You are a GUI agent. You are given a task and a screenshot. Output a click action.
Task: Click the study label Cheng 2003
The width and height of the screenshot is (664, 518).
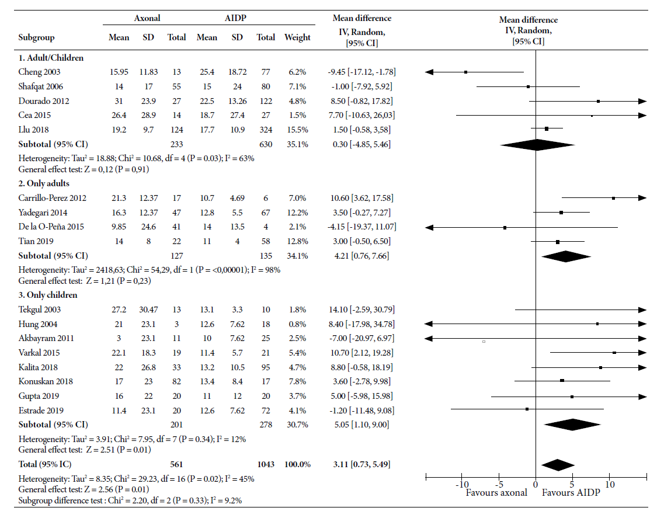(x=39, y=72)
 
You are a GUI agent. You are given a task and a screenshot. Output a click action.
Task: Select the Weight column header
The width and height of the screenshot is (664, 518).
(x=297, y=37)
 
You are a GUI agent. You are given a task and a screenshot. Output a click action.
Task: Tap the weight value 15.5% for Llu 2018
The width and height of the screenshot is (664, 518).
(x=297, y=130)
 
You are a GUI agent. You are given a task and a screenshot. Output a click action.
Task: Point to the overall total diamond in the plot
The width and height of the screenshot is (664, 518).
(x=558, y=465)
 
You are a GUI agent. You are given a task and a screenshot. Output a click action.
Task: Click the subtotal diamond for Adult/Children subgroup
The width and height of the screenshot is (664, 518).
(x=537, y=145)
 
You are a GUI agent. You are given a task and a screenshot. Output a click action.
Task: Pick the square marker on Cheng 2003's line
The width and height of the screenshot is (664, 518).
(x=465, y=72)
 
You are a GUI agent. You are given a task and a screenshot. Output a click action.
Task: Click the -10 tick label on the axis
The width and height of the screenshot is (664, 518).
(x=462, y=485)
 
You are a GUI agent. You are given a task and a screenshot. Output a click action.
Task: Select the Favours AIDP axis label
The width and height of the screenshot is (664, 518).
(x=571, y=492)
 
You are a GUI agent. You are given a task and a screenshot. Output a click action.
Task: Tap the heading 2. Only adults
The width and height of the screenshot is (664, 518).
(x=44, y=183)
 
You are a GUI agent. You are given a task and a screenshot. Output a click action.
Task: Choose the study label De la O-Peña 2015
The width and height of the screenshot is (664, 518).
(x=51, y=227)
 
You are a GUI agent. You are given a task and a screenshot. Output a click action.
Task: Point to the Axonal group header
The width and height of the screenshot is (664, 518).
(x=147, y=18)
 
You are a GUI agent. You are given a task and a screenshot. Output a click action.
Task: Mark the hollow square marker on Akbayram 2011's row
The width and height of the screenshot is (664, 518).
(x=484, y=342)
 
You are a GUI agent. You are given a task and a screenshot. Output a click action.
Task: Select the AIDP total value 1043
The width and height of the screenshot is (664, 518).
(x=266, y=464)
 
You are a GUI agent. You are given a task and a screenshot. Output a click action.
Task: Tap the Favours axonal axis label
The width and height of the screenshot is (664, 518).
(x=496, y=492)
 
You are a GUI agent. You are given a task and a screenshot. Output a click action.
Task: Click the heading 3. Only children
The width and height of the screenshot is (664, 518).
(x=48, y=295)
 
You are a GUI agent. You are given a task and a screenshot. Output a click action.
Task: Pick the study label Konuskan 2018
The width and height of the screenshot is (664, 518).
(x=46, y=381)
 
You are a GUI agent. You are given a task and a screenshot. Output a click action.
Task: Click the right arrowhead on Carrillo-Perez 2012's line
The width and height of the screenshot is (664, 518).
(x=643, y=198)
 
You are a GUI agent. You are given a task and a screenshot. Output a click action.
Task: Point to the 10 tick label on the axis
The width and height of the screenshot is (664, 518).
(x=610, y=485)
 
